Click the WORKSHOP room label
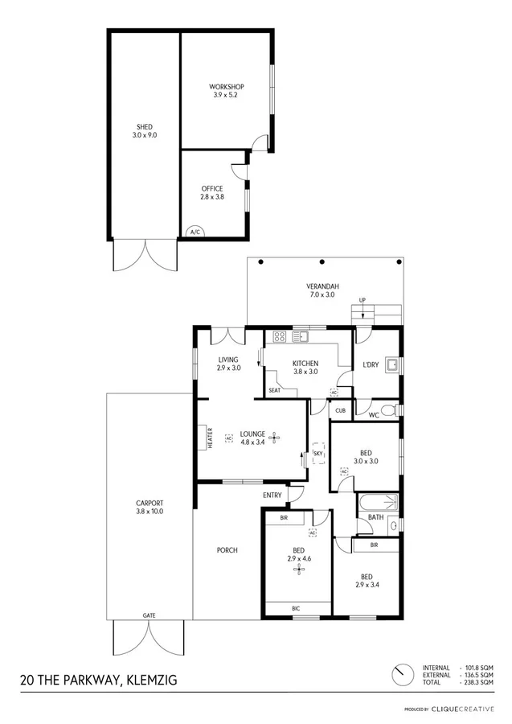coord(226,87)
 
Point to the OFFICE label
coord(212,189)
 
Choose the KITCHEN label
coord(305,364)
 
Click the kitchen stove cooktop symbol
coord(281,337)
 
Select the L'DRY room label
coord(371,364)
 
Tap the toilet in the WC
coord(390,411)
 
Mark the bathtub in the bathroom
coord(378,504)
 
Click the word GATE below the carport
coord(150,615)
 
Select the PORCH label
coord(227,550)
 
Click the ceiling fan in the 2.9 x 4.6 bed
coord(299,569)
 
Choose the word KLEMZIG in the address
coord(148,680)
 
